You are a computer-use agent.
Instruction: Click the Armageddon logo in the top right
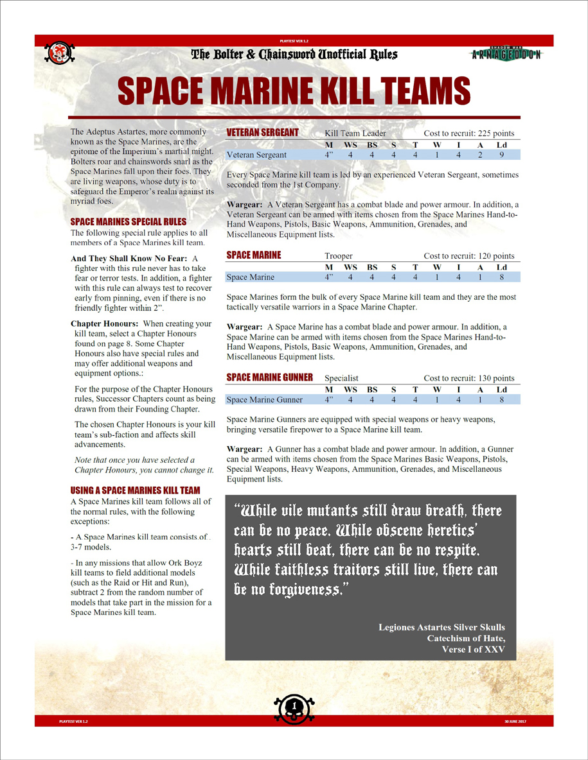tap(506, 54)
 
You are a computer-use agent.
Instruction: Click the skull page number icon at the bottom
tap(294, 707)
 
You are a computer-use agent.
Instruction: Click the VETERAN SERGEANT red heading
tap(263, 132)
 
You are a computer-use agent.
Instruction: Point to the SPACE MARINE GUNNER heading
tap(270, 377)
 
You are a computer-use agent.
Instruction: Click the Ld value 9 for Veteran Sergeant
tap(501, 155)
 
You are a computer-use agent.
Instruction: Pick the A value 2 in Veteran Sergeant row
tap(480, 155)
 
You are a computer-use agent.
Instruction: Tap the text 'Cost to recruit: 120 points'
tap(469, 255)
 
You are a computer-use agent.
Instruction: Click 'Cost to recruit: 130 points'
tap(469, 378)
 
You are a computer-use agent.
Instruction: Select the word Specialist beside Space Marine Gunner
tap(341, 378)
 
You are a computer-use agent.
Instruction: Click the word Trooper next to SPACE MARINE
tap(339, 255)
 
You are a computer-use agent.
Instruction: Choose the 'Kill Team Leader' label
tap(355, 133)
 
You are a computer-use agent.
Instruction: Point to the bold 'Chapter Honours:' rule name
tap(105, 324)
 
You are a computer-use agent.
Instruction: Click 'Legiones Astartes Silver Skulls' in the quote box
tap(441, 627)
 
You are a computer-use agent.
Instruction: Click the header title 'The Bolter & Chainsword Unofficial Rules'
tap(294, 55)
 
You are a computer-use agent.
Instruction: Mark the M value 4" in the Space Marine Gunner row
tap(329, 400)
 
